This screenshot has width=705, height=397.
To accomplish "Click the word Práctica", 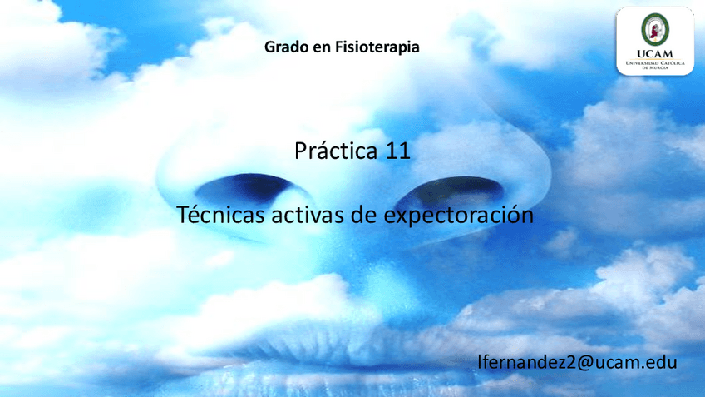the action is pos(336,151).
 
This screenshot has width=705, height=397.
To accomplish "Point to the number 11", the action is pos(398,151).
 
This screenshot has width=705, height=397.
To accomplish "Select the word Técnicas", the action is pos(220,214).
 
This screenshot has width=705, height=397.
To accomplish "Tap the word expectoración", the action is pos(459,216).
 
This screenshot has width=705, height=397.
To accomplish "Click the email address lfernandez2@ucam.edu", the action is pos(577,362).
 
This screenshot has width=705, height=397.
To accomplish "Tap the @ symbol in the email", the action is pos(584,363).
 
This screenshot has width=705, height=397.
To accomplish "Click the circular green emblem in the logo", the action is pos(655,30).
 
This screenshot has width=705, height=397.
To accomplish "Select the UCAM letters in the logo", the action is pos(655,54).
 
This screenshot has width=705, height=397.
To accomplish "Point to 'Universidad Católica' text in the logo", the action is pos(655,63).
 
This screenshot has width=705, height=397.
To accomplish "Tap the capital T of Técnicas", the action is pos(183,214).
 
